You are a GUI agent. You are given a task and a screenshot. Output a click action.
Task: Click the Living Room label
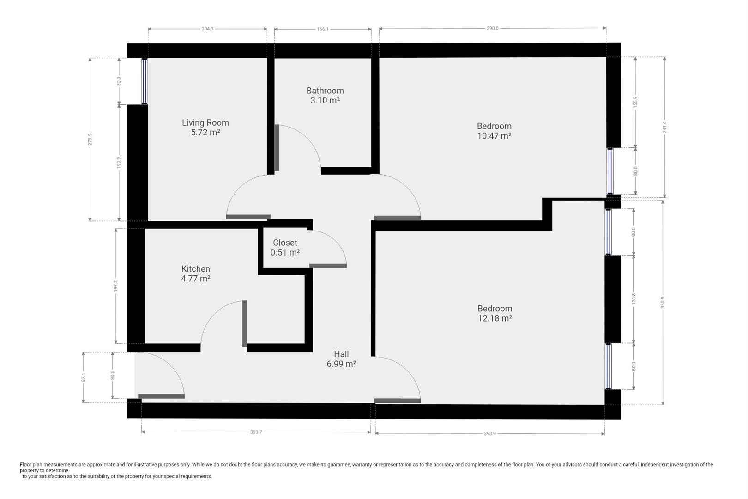(x=205, y=123)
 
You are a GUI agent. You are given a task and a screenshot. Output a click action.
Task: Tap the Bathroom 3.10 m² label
(x=325, y=96)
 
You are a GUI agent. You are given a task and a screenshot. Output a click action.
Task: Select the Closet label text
(x=285, y=243)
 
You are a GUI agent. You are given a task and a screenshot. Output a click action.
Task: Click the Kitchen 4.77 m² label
(x=196, y=274)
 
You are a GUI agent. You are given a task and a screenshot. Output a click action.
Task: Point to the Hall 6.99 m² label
(x=341, y=359)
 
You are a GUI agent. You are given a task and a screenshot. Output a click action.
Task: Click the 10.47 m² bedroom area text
(x=494, y=136)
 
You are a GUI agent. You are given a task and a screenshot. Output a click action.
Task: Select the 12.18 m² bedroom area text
(x=495, y=318)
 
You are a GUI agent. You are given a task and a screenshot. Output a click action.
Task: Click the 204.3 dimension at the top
(x=207, y=29)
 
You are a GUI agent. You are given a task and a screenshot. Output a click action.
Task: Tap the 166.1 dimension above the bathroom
(x=323, y=29)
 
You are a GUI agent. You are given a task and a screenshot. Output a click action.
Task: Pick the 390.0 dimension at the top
(x=492, y=29)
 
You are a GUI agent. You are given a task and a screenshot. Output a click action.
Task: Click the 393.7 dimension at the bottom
(x=256, y=432)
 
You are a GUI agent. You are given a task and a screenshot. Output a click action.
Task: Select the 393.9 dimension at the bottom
(x=489, y=434)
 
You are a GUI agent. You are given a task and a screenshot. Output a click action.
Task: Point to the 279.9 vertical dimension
(x=90, y=140)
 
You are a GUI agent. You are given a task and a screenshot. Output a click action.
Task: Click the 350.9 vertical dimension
(x=663, y=303)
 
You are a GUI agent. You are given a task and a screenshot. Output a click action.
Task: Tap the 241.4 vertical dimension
(x=665, y=127)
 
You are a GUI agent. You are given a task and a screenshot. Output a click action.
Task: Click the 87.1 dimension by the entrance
(x=84, y=377)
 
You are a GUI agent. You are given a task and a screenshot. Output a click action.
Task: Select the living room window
(x=145, y=81)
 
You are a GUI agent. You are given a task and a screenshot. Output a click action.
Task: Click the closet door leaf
(x=328, y=266)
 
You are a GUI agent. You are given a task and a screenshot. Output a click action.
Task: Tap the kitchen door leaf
(x=245, y=323)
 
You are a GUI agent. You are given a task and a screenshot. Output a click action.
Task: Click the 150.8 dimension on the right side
(x=634, y=299)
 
